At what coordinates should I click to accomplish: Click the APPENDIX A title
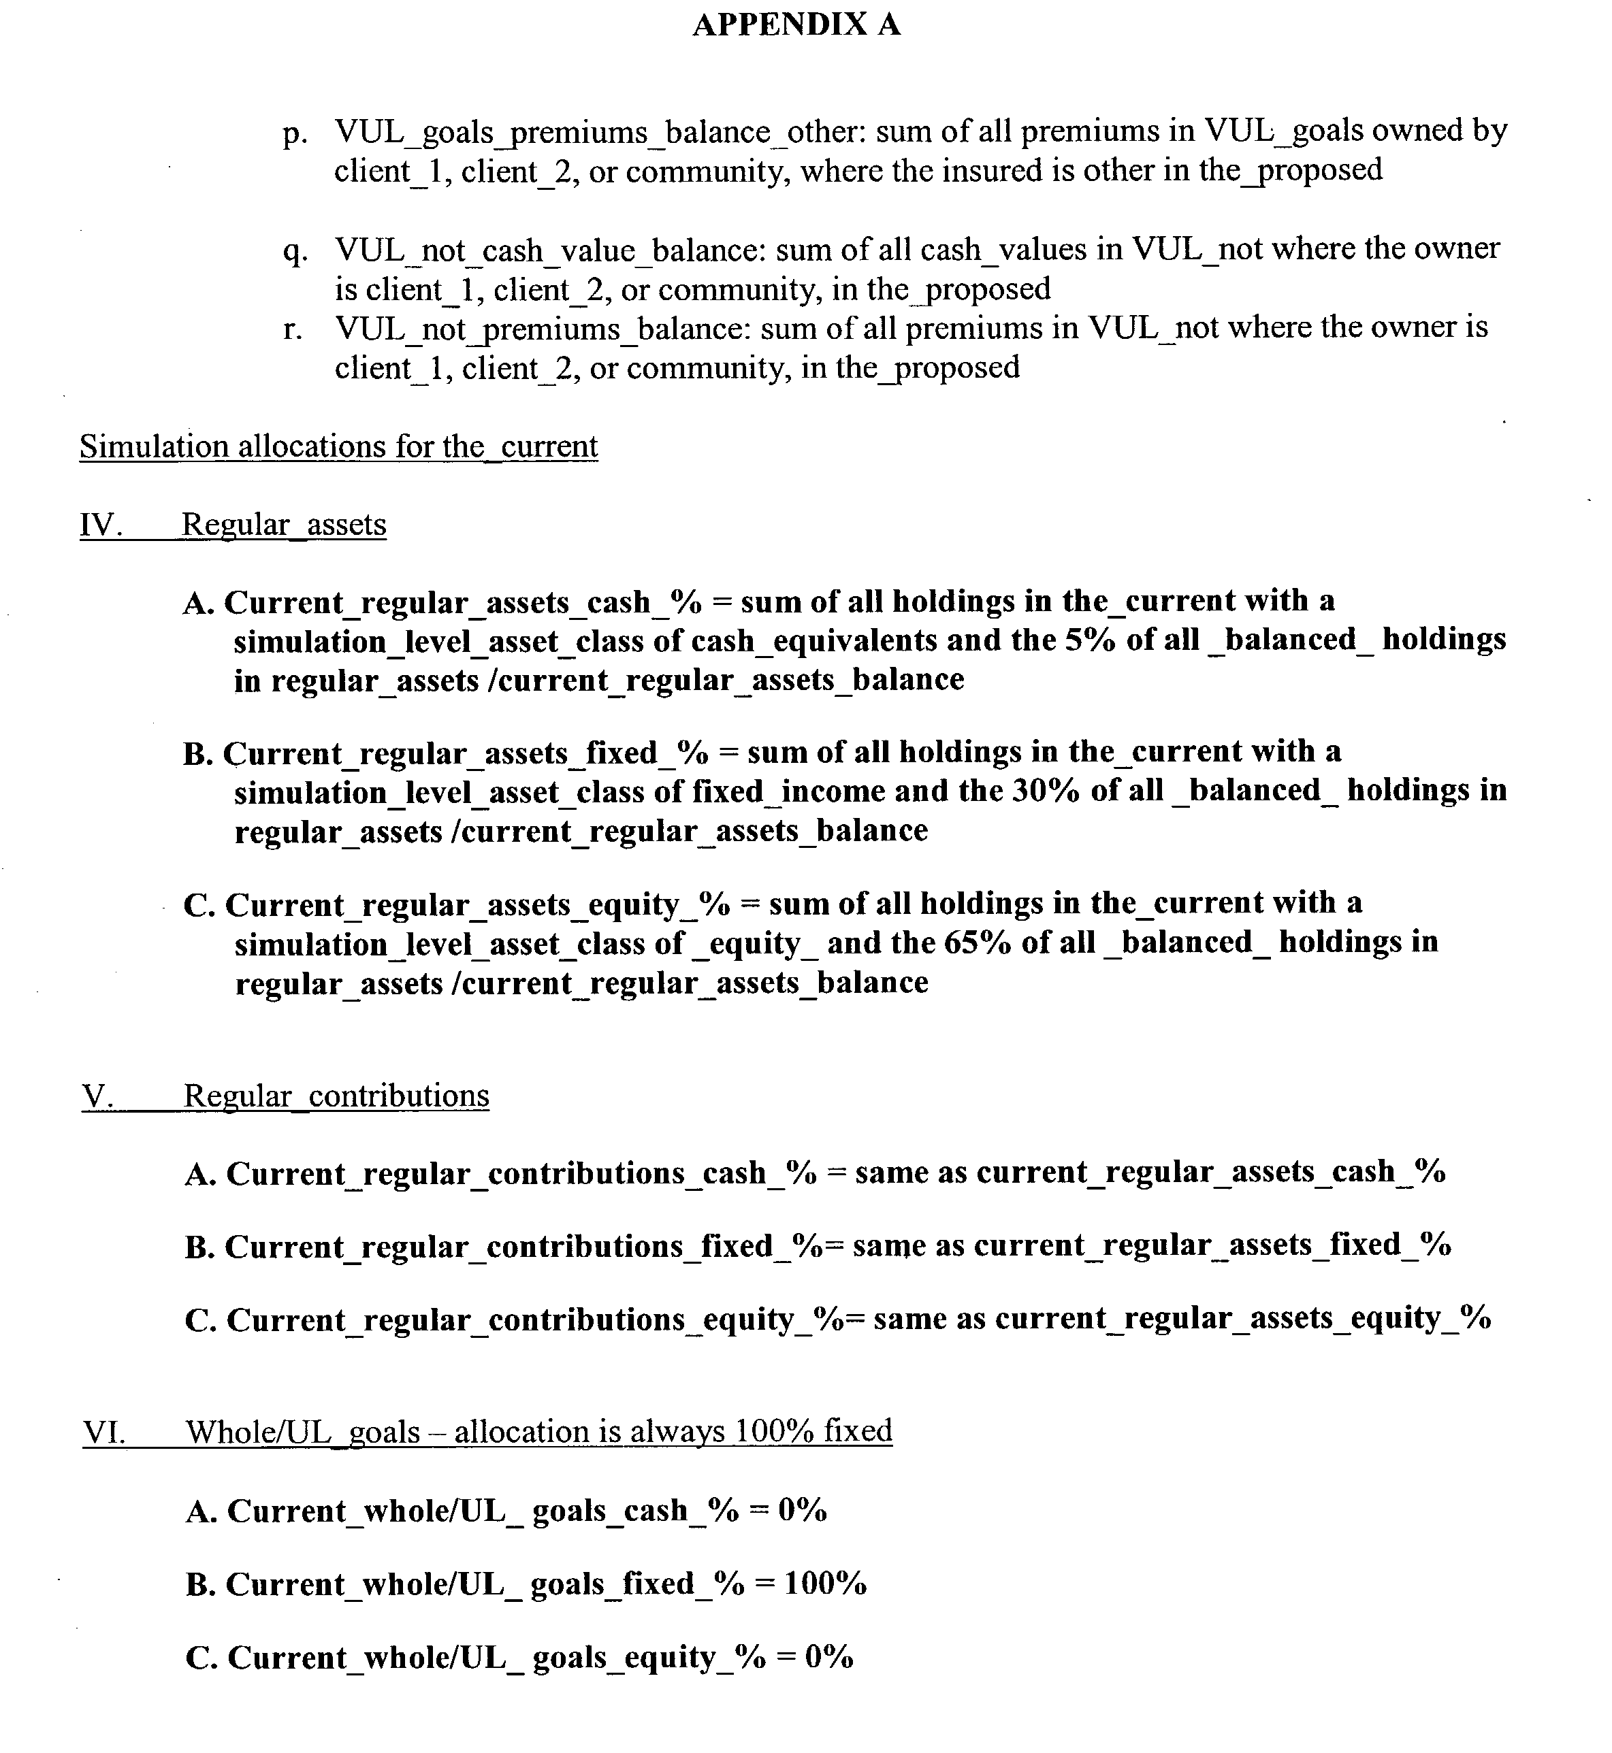[796, 24]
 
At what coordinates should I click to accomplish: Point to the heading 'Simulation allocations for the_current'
[338, 446]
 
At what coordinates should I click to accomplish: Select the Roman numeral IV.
[99, 525]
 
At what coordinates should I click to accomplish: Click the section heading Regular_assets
[283, 525]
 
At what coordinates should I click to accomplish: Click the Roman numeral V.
[98, 1096]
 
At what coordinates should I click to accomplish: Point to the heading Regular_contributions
[336, 1096]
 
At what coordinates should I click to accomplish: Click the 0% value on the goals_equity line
[828, 1657]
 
